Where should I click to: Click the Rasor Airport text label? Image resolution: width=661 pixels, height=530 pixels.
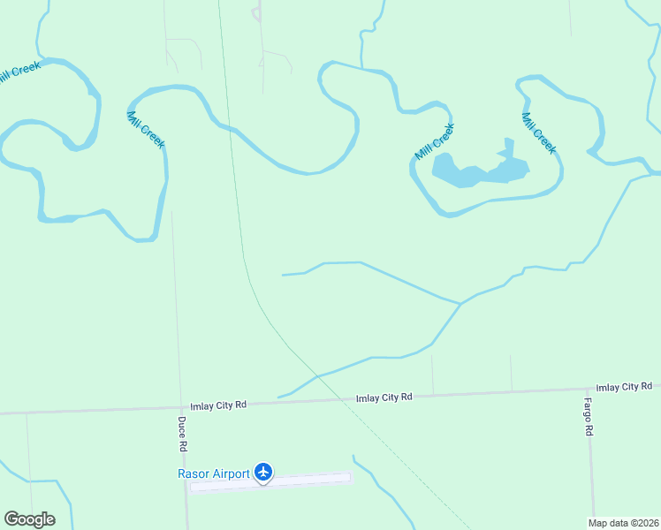tap(214, 473)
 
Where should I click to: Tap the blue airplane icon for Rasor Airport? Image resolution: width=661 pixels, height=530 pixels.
tap(263, 473)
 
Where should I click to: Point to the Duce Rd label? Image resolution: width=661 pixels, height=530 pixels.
tap(181, 431)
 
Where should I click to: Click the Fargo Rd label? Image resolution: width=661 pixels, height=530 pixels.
tap(588, 417)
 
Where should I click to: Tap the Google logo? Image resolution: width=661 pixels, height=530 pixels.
tap(29, 519)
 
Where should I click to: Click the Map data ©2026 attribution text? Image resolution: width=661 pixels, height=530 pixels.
tap(623, 523)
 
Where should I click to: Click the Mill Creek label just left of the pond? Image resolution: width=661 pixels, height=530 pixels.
tap(435, 141)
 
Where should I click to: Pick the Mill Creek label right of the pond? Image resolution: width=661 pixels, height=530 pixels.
tap(538, 133)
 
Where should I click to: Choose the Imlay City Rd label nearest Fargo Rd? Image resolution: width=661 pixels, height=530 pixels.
tap(624, 387)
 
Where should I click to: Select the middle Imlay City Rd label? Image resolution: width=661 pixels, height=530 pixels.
tap(384, 397)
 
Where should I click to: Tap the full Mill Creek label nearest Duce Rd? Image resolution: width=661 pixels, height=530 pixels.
tap(146, 130)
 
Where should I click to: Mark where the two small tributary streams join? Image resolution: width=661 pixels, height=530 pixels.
tap(460, 304)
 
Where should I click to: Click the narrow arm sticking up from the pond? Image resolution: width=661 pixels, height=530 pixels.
tap(508, 146)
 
